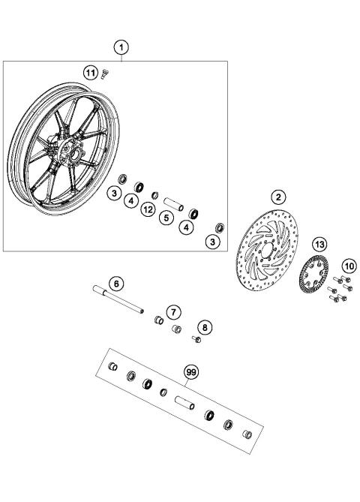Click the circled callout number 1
click(122, 47)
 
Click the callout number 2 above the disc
click(278, 197)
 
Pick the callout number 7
click(174, 311)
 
